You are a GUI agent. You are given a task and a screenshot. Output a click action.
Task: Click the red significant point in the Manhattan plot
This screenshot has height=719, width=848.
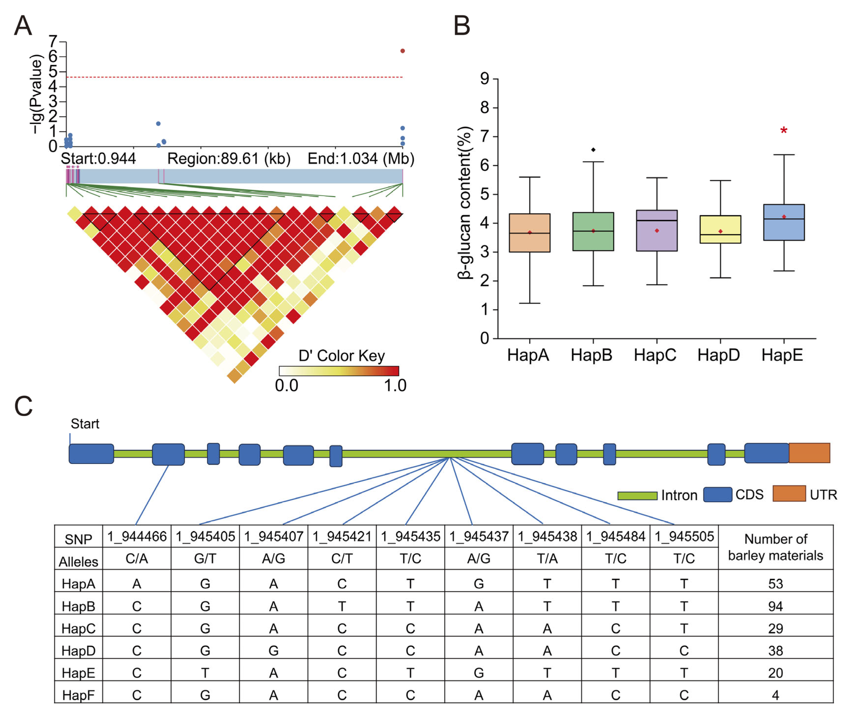[402, 51]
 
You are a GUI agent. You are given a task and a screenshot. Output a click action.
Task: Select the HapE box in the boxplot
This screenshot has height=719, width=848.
[784, 222]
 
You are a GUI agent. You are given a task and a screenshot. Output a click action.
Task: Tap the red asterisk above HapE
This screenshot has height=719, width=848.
[784, 131]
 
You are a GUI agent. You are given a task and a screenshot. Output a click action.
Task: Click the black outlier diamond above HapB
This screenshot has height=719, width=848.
[593, 150]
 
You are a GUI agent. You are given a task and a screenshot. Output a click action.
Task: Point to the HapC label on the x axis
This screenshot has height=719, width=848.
[655, 355]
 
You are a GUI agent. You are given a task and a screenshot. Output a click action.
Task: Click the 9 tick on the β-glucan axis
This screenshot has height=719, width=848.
[485, 79]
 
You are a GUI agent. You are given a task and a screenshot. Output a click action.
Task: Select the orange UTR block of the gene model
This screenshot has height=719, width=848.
[809, 453]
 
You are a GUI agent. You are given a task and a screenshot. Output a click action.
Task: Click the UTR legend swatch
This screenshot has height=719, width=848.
[789, 493]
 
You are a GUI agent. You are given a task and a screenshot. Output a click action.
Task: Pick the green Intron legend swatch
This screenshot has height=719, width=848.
[637, 496]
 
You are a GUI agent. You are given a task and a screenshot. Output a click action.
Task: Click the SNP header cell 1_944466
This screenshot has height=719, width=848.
[137, 536]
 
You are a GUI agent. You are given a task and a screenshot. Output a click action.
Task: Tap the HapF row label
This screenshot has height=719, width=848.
[78, 695]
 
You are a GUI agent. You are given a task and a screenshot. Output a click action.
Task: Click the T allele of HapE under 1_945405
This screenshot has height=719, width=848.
[205, 673]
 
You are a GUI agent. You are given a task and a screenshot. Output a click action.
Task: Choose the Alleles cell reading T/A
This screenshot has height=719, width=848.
[547, 559]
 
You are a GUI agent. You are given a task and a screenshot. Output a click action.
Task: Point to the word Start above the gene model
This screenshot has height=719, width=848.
[85, 424]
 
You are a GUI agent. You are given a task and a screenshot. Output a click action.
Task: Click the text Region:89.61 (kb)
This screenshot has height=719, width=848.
[229, 159]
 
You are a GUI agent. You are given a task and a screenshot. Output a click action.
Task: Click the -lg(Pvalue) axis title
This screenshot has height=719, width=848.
[36, 94]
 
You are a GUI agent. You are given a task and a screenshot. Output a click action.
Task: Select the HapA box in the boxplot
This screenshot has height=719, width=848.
[529, 233]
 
